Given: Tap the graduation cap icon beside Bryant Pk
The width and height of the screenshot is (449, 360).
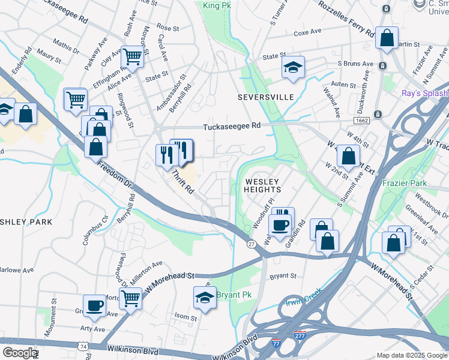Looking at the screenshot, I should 205,298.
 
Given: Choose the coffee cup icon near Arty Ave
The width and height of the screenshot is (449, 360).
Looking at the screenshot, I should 94,306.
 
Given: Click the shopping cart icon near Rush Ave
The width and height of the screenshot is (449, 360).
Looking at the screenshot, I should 132,58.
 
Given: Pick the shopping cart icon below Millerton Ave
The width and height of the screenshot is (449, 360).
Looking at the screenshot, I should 130,298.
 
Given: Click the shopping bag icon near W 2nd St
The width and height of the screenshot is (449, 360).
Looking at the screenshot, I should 348,157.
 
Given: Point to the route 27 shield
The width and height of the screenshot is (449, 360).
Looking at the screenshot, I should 252,243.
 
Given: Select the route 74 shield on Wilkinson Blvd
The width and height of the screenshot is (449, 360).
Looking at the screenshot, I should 82,346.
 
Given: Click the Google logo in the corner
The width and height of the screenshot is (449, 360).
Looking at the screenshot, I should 19,353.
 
